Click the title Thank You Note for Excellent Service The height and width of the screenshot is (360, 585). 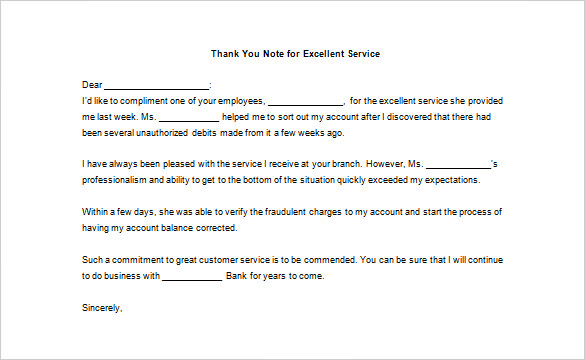click(296, 52)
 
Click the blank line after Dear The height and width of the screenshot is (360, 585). click(157, 86)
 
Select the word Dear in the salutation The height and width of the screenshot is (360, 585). click(91, 85)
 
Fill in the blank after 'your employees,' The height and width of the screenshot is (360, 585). click(305, 101)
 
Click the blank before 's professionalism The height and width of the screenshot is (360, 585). click(458, 164)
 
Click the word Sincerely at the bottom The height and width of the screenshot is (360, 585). click(101, 307)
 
